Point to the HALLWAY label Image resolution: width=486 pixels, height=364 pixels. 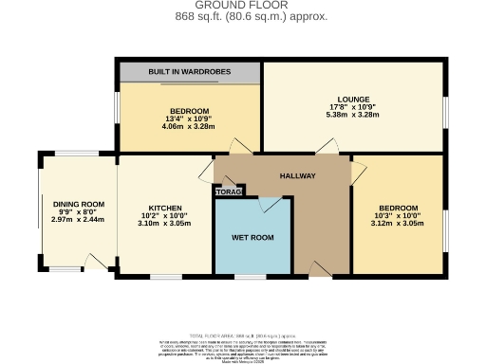[297, 176]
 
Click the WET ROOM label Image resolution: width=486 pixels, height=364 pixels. [252, 237]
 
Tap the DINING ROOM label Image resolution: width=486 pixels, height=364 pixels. [78, 205]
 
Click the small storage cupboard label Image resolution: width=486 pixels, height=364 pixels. [229, 192]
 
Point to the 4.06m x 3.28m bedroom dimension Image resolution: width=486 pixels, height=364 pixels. [188, 126]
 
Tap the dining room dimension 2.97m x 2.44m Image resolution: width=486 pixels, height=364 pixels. [78, 220]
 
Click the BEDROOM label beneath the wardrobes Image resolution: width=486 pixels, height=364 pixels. [189, 111]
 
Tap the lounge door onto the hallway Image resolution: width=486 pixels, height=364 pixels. [327, 147]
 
